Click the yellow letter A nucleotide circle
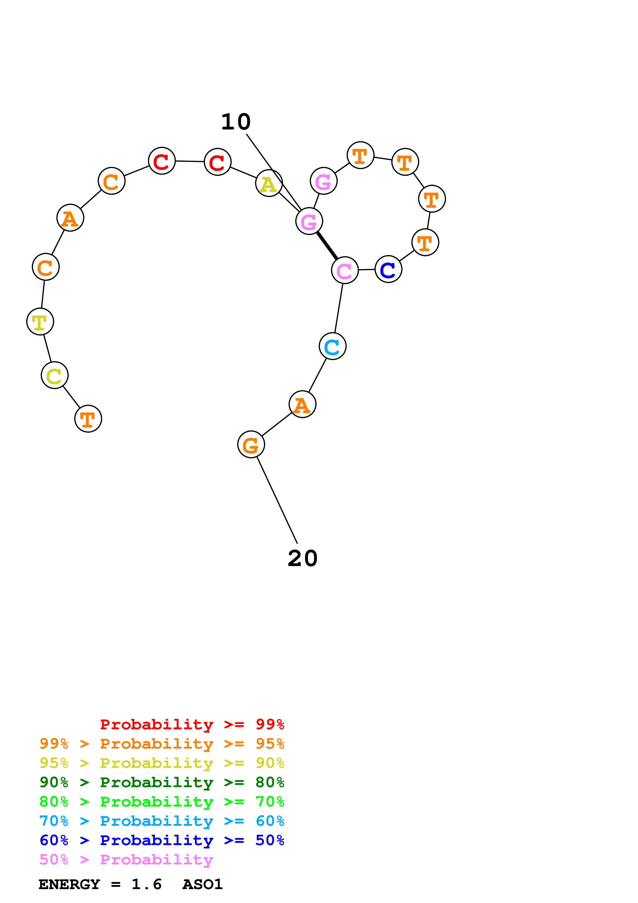coord(269,183)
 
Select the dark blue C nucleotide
coord(388,270)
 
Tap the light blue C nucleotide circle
coord(333,346)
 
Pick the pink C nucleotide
coord(345,270)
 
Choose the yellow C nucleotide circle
coord(55,375)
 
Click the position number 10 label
coord(236,122)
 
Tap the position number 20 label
coord(302,559)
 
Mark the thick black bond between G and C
coord(327,246)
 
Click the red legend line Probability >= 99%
coord(192,724)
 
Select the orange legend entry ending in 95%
coord(162,744)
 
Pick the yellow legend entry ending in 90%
coord(162,763)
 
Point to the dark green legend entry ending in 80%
coord(162,782)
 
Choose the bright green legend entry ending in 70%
coord(162,802)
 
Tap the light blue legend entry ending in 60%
coord(162,821)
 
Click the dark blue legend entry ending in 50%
coord(162,840)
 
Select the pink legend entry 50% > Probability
coord(126,859)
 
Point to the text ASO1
coord(203,884)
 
